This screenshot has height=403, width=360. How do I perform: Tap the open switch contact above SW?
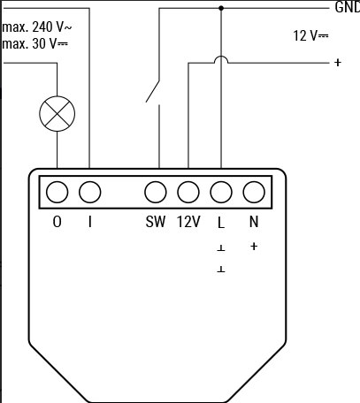coord(153,91)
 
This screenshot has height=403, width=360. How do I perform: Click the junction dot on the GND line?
coord(221,8)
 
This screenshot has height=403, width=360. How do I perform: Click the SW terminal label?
coord(156,222)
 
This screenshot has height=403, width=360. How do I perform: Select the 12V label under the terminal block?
coord(188,222)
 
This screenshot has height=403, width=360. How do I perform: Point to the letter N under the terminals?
coord(254,222)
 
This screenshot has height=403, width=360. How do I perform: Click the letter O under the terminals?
coord(57,222)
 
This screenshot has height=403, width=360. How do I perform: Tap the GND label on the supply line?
coord(348,7)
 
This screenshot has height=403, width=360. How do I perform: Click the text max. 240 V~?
coord(37,27)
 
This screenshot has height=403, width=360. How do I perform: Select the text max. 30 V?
coord(34,44)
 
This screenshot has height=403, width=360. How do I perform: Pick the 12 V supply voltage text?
coord(310,35)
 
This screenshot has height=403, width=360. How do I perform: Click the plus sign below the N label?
coord(254,246)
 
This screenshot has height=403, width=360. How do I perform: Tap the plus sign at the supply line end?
coord(338,63)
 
